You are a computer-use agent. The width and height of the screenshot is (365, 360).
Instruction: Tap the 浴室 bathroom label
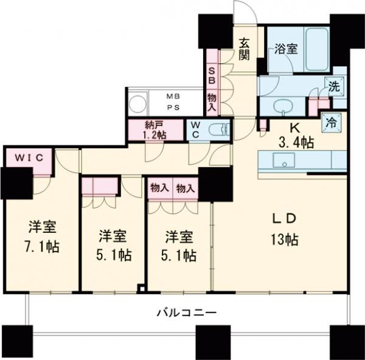pos(285,49)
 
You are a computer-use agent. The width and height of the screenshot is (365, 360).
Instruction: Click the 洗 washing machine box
pos(335,86)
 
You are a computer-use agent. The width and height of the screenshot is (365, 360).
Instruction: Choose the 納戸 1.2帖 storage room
pos(155,130)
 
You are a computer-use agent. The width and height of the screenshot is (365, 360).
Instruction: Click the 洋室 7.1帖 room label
pos(41,238)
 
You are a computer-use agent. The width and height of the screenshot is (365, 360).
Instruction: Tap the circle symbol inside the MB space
pos(137,101)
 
